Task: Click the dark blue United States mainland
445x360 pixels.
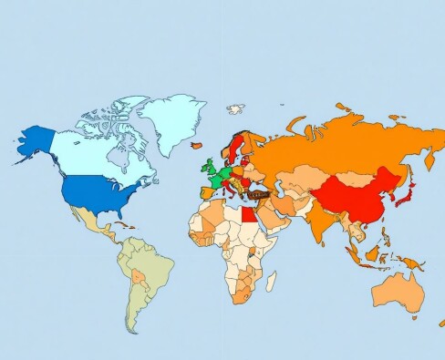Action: click(96, 192)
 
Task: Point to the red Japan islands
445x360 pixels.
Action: click(409, 193)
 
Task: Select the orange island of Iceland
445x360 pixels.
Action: click(196, 143)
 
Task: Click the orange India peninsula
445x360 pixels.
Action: click(318, 223)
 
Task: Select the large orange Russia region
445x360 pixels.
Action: click(347, 146)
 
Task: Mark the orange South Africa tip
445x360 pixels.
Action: click(243, 296)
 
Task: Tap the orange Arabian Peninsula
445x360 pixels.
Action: click(277, 220)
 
